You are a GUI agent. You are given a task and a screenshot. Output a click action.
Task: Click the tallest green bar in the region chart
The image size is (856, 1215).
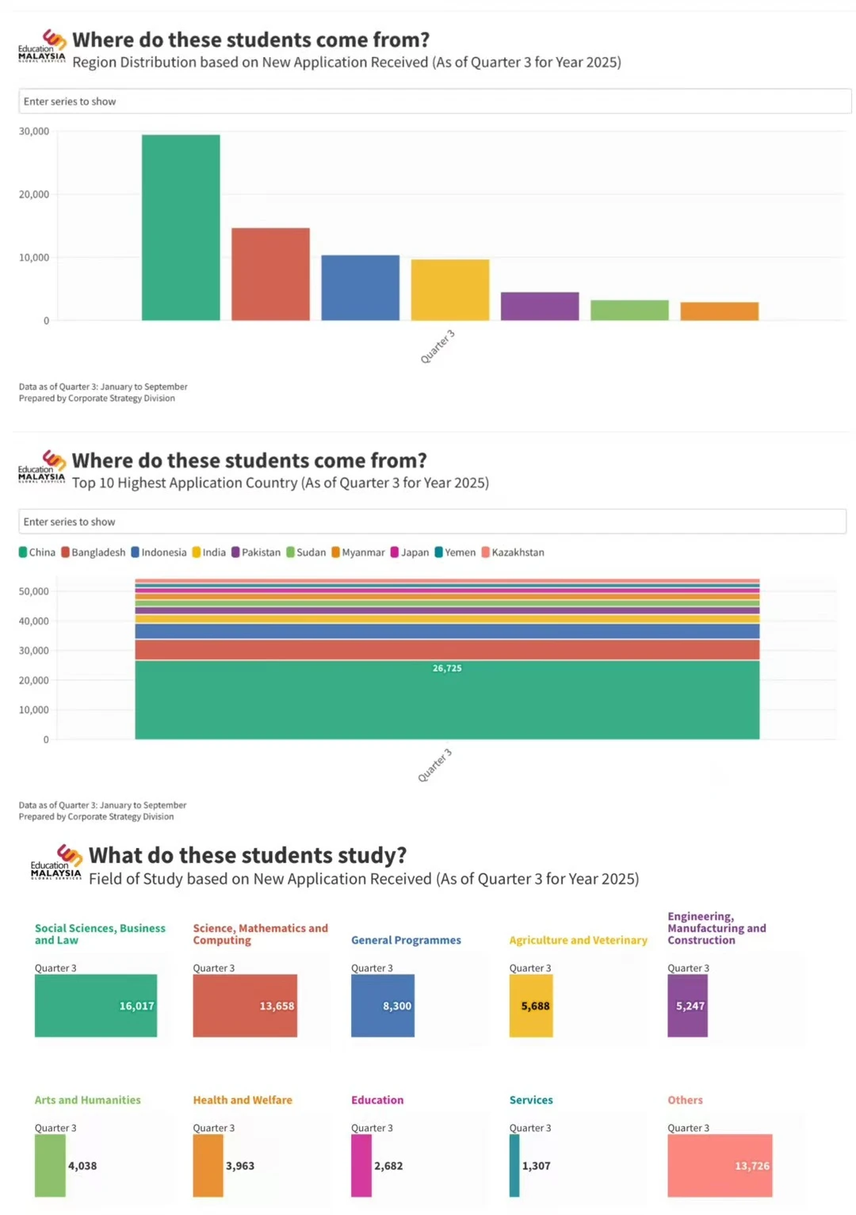[x=181, y=227]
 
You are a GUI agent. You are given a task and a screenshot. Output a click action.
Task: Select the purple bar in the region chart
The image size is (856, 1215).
[x=540, y=306]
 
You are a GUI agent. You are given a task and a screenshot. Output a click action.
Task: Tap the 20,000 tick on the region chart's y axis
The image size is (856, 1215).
[x=33, y=194]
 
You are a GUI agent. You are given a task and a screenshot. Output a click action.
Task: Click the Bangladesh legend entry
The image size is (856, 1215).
[x=93, y=552]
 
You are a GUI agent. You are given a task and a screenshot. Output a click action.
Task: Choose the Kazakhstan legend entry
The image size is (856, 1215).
[x=513, y=552]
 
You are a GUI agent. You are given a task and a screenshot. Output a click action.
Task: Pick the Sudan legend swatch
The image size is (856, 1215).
[x=290, y=552]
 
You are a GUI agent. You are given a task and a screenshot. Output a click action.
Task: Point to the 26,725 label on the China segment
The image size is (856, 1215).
[x=447, y=668]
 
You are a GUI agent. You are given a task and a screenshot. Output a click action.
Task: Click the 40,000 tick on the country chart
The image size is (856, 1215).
[x=33, y=621]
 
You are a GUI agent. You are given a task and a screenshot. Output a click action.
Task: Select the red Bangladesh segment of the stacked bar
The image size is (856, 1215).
[x=447, y=650]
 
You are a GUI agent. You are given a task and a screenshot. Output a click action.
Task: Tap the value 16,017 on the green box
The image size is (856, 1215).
[x=136, y=1006]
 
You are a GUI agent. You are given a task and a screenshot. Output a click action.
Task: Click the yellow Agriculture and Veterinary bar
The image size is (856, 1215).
[x=531, y=1006]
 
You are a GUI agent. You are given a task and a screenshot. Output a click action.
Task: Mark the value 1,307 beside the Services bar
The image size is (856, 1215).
[x=536, y=1166]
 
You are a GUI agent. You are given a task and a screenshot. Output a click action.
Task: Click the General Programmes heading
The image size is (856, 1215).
[x=406, y=940]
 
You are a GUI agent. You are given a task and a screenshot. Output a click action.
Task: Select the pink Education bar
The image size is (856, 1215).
[x=361, y=1165]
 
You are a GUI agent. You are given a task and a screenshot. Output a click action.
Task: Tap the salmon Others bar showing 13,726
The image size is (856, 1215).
[x=720, y=1165]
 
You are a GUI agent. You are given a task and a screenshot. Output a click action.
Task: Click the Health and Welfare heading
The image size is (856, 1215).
[x=243, y=1100]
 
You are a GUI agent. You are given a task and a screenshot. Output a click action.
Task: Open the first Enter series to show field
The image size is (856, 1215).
[x=435, y=101]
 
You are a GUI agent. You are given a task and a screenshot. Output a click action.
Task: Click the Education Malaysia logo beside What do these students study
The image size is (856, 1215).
[x=56, y=862]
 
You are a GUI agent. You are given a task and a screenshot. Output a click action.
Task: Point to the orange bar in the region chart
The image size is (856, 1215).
[x=720, y=311]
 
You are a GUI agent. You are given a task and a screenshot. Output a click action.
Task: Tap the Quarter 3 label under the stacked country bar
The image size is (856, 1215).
[x=434, y=766]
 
